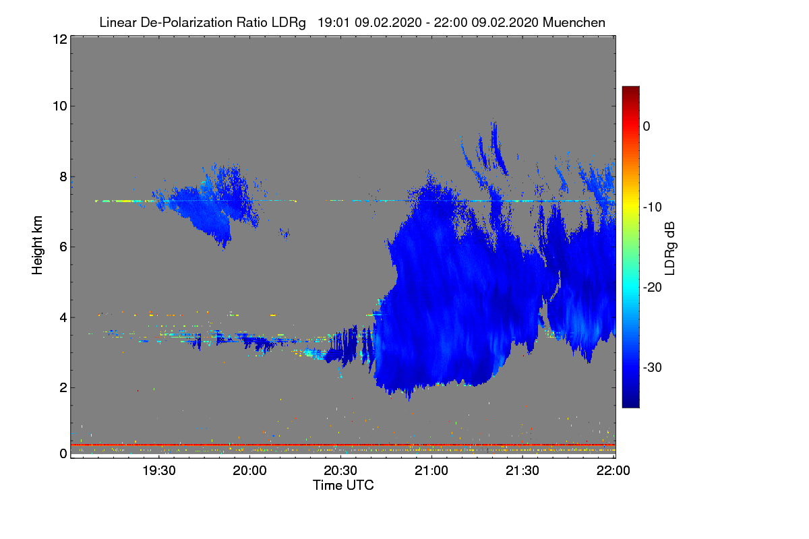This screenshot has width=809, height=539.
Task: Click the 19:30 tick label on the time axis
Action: [159, 471]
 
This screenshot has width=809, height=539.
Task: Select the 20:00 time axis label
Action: [249, 471]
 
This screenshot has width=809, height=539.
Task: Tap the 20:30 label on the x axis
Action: [340, 471]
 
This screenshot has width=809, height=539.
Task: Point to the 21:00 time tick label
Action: [431, 471]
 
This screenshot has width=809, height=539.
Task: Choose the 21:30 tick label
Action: [522, 471]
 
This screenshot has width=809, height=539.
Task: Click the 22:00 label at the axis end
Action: [613, 471]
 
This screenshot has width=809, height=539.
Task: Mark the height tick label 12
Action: [60, 39]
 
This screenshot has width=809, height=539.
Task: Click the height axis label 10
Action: [60, 106]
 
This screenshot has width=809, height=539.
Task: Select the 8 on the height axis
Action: [63, 177]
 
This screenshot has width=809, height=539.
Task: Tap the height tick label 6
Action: [63, 247]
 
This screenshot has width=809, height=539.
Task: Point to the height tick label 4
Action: [63, 318]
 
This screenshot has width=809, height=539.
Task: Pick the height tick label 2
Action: [63, 387]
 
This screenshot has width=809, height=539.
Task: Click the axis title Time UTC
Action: [343, 486]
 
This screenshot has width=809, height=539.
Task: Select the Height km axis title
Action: [37, 245]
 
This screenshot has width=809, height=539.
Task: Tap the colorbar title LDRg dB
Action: [669, 249]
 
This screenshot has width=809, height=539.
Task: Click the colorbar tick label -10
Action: [653, 208]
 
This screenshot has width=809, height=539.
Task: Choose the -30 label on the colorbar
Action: [653, 367]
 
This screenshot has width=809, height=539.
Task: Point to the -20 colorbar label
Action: [653, 288]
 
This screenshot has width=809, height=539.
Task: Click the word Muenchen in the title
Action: [574, 23]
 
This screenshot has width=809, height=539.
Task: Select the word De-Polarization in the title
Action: [186, 23]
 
